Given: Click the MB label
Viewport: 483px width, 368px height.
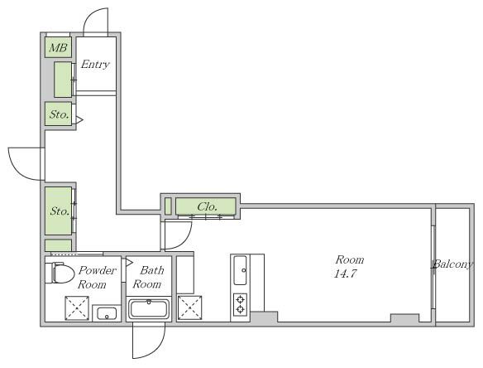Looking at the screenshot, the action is point(58,47).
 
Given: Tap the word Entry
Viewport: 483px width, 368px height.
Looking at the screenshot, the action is point(95,64).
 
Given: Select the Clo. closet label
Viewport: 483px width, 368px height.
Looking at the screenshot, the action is point(208,206).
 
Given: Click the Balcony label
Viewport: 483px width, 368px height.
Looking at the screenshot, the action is point(452,264).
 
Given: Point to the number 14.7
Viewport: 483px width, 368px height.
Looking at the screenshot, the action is point(346,274).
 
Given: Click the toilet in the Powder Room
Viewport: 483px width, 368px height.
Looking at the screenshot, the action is point(60,273).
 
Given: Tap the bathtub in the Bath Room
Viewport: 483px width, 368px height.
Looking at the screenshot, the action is point(149,310).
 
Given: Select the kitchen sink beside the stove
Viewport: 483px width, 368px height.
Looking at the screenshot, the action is point(241,270).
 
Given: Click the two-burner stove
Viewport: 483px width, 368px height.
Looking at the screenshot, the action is point(241,304).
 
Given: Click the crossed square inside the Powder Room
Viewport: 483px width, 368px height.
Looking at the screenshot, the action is point(77,308).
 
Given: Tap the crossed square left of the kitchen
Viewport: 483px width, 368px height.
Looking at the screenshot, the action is point(189,307).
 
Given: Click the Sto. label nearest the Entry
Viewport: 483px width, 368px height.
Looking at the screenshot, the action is point(60,114).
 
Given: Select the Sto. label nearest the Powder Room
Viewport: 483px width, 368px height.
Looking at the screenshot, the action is point(60,211).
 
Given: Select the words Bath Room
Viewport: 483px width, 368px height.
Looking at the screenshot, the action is point(149,277).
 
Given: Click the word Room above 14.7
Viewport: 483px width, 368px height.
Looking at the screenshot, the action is point(350,259).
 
